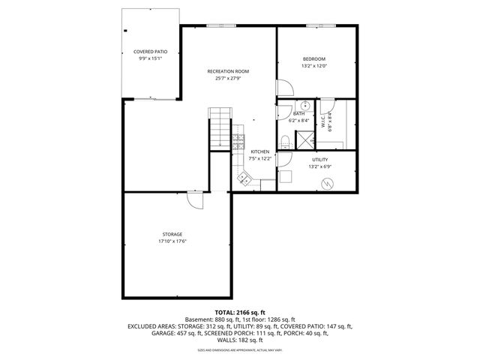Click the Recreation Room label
pyautogui.click(x=228, y=71)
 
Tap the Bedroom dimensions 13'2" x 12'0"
pyautogui.click(x=314, y=66)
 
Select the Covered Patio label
pyautogui.click(x=151, y=52)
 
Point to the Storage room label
pyautogui.click(x=172, y=234)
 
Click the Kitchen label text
pyautogui.click(x=260, y=151)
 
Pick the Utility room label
pyautogui.click(x=319, y=159)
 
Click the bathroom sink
pyautogui.click(x=306, y=106)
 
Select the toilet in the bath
pyautogui.click(x=285, y=141)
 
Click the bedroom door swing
pyautogui.click(x=282, y=88)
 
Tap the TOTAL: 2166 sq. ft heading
pyautogui.click(x=240, y=312)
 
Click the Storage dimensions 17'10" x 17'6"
pyautogui.click(x=172, y=241)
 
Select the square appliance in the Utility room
pyautogui.click(x=285, y=177)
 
